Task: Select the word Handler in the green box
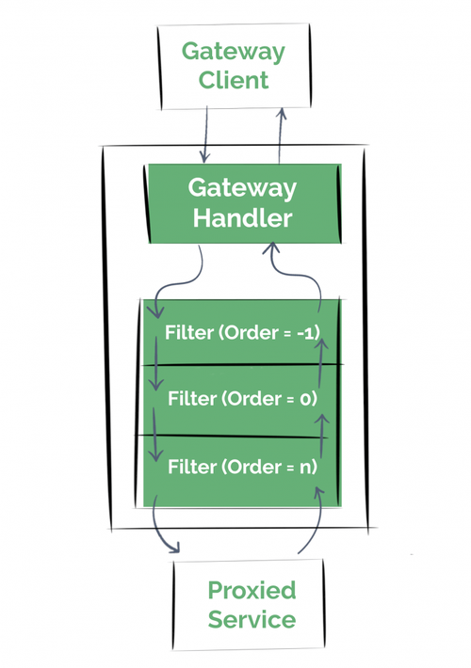243,218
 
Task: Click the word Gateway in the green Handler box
243,187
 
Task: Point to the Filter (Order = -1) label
241,333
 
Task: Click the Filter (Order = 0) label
241,399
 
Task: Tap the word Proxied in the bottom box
251,591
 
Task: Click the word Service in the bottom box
251,620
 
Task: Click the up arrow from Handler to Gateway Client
280,132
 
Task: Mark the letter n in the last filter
308,466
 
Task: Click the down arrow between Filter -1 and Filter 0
154,376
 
